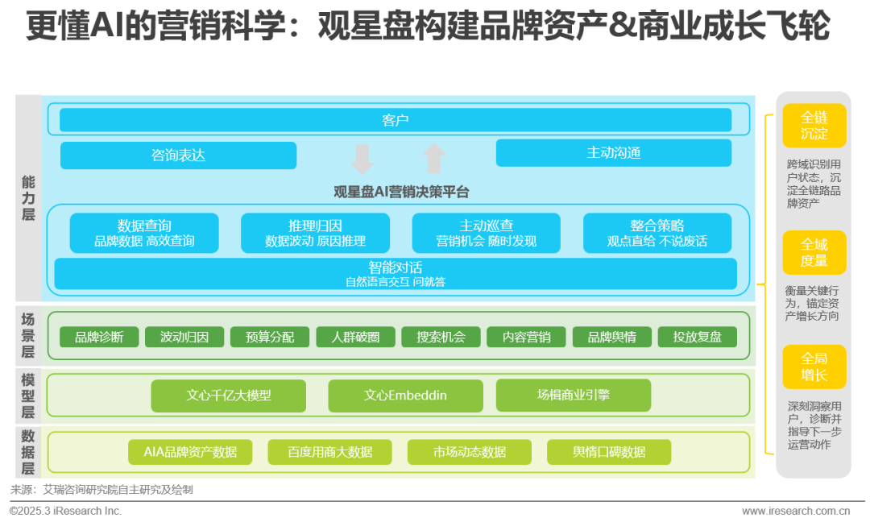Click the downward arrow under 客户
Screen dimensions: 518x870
(362, 160)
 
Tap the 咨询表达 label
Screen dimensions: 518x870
(178, 155)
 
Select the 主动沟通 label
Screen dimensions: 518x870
(614, 152)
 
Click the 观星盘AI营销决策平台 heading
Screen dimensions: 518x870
(401, 192)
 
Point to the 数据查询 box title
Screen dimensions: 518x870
(144, 226)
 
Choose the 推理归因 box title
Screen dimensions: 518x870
(315, 226)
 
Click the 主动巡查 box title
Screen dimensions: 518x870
(486, 226)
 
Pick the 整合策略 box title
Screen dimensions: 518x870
(657, 226)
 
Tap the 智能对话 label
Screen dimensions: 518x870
(396, 267)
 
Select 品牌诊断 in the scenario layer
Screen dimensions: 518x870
(99, 337)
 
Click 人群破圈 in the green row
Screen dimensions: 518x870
(355, 337)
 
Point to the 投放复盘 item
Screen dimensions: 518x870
(697, 337)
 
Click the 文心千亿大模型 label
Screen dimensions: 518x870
(229, 395)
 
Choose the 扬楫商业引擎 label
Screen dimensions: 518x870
(574, 395)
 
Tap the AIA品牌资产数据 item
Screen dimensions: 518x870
(190, 452)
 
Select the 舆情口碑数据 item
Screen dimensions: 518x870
(609, 452)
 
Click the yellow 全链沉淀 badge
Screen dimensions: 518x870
(814, 126)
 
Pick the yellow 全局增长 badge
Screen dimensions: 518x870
(814, 367)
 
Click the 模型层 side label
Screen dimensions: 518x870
(28, 396)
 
